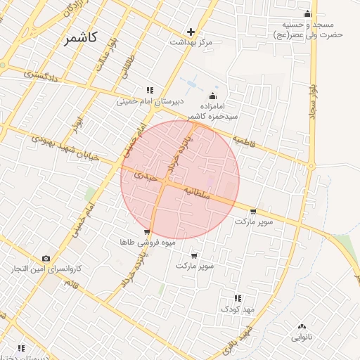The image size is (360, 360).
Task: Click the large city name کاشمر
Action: click(89, 38)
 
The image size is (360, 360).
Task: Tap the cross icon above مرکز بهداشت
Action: click(191, 32)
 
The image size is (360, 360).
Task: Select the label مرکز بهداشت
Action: click(191, 42)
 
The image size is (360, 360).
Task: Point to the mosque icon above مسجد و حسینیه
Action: click(307, 14)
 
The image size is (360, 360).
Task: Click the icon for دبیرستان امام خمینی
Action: click(149, 90)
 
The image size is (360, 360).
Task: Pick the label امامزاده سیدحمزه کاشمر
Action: click(213, 109)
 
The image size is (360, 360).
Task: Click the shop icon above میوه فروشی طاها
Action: click(146, 231)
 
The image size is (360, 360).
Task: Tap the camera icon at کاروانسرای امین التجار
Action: click(46, 259)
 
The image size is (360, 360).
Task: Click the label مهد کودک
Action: click(237, 309)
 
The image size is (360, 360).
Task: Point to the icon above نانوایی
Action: click(302, 326)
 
